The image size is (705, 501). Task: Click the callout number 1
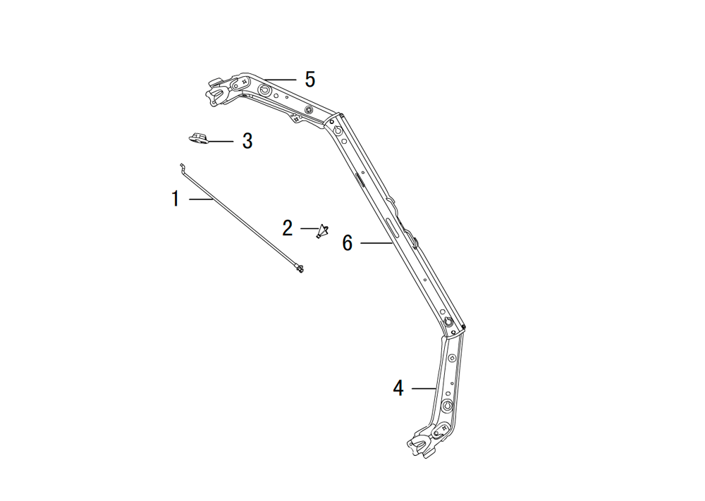(176, 199)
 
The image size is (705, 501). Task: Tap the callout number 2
(288, 228)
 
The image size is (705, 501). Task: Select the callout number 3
(247, 141)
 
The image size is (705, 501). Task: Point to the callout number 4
(398, 388)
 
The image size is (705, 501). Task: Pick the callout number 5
(310, 80)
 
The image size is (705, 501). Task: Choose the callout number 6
(348, 243)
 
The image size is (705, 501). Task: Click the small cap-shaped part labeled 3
(198, 138)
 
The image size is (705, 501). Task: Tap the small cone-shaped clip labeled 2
(322, 231)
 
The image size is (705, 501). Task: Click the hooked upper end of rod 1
(182, 167)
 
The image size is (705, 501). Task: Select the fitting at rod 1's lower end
(299, 268)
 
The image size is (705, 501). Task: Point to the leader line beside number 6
(376, 243)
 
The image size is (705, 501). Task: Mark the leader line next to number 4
(424, 388)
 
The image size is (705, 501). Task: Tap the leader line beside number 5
(281, 80)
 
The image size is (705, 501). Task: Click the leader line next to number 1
(200, 199)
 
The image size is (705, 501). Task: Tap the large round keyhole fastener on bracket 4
(447, 405)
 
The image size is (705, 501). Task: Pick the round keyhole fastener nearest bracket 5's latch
(264, 91)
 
